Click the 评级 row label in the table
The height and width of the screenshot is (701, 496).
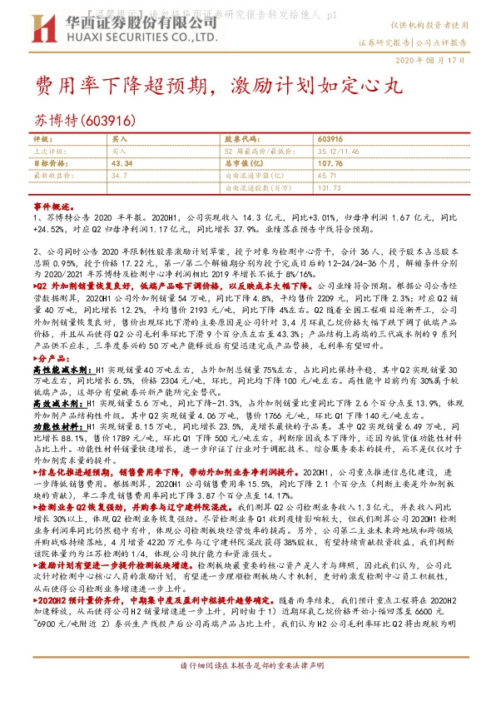click(x=41, y=138)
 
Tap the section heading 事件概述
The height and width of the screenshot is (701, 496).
click(x=51, y=205)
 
